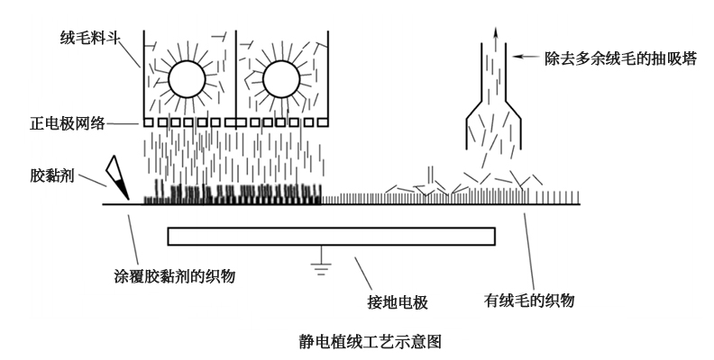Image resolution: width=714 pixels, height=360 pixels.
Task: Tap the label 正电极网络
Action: pos(75,121)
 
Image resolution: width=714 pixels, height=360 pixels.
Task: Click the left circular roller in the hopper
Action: pos(189,78)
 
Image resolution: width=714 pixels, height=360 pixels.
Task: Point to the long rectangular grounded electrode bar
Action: pos(331,236)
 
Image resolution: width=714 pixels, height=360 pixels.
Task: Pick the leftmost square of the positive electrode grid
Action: pos(150,121)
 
